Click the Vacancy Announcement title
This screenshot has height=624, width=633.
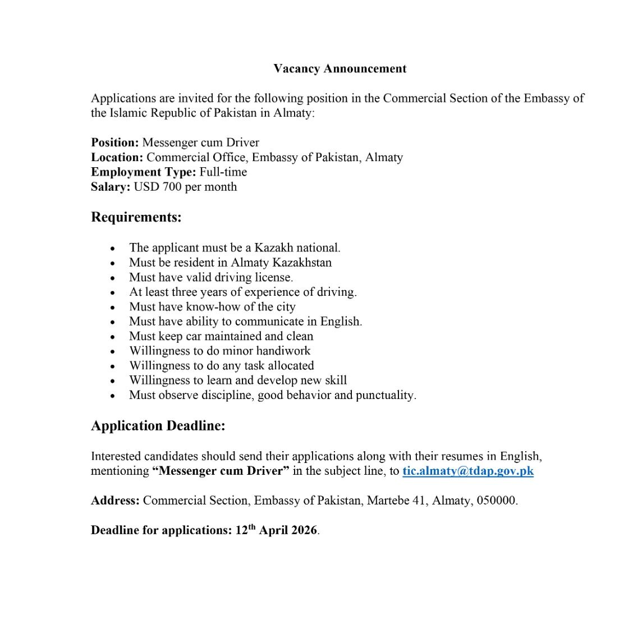click(340, 68)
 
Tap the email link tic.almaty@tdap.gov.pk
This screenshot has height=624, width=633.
click(467, 471)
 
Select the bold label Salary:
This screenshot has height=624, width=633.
click(111, 187)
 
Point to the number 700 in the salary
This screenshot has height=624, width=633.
click(172, 187)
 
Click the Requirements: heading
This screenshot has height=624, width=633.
click(136, 217)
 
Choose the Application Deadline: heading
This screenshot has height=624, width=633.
click(158, 426)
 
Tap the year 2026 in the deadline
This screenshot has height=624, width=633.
click(303, 530)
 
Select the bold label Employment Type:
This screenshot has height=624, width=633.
click(143, 172)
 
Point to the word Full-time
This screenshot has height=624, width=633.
click(223, 172)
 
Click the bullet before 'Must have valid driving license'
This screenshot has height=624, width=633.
click(113, 278)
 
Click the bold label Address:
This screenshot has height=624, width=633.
click(115, 501)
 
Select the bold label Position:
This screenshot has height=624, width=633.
click(114, 143)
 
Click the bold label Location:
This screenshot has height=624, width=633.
click(117, 158)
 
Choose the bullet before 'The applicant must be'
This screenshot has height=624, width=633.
click(113, 248)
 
